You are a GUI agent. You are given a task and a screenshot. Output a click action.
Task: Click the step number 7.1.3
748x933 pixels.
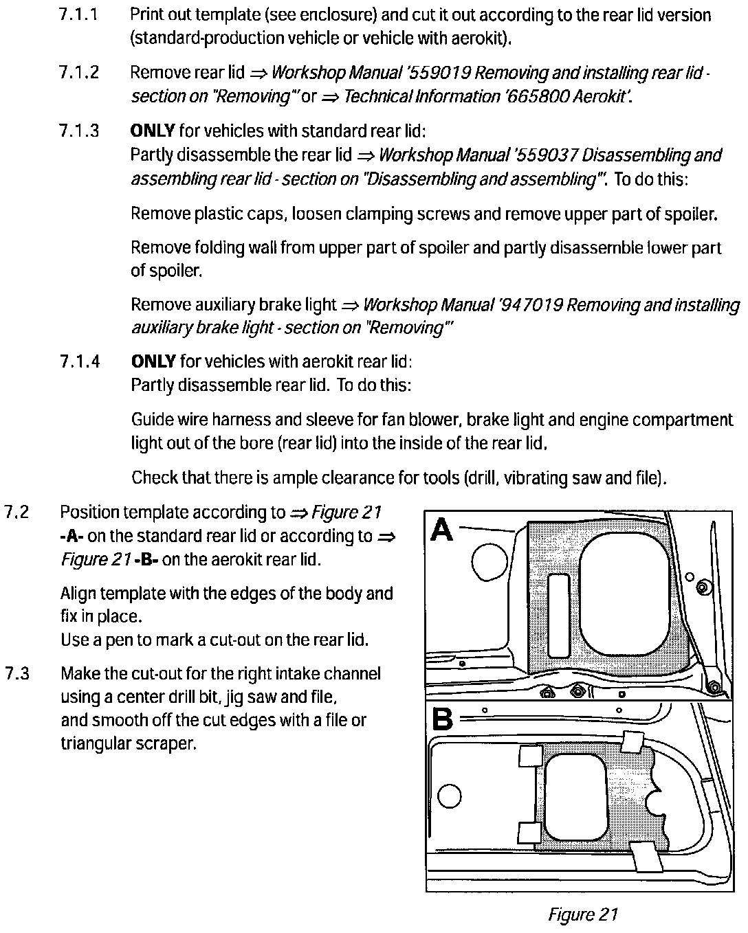tap(79, 131)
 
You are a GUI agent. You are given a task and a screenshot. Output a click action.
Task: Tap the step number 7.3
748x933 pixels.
tap(16, 673)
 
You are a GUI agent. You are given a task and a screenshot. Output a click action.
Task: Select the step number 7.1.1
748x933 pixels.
tap(79, 15)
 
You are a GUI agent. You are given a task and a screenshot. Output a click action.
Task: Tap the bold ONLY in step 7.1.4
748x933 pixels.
tap(153, 361)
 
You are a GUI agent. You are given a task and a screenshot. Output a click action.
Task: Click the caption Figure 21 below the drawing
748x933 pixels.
tap(583, 914)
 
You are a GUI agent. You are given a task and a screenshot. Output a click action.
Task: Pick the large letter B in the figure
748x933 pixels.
tap(443, 719)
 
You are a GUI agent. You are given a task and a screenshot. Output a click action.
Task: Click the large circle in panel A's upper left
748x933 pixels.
tap(489, 561)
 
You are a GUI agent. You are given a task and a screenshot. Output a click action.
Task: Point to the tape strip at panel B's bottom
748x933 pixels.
tap(647, 859)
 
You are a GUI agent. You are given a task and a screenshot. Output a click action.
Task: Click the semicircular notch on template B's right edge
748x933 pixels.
tap(659, 800)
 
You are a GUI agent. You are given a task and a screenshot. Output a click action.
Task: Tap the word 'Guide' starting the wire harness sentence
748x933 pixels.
tap(151, 420)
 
